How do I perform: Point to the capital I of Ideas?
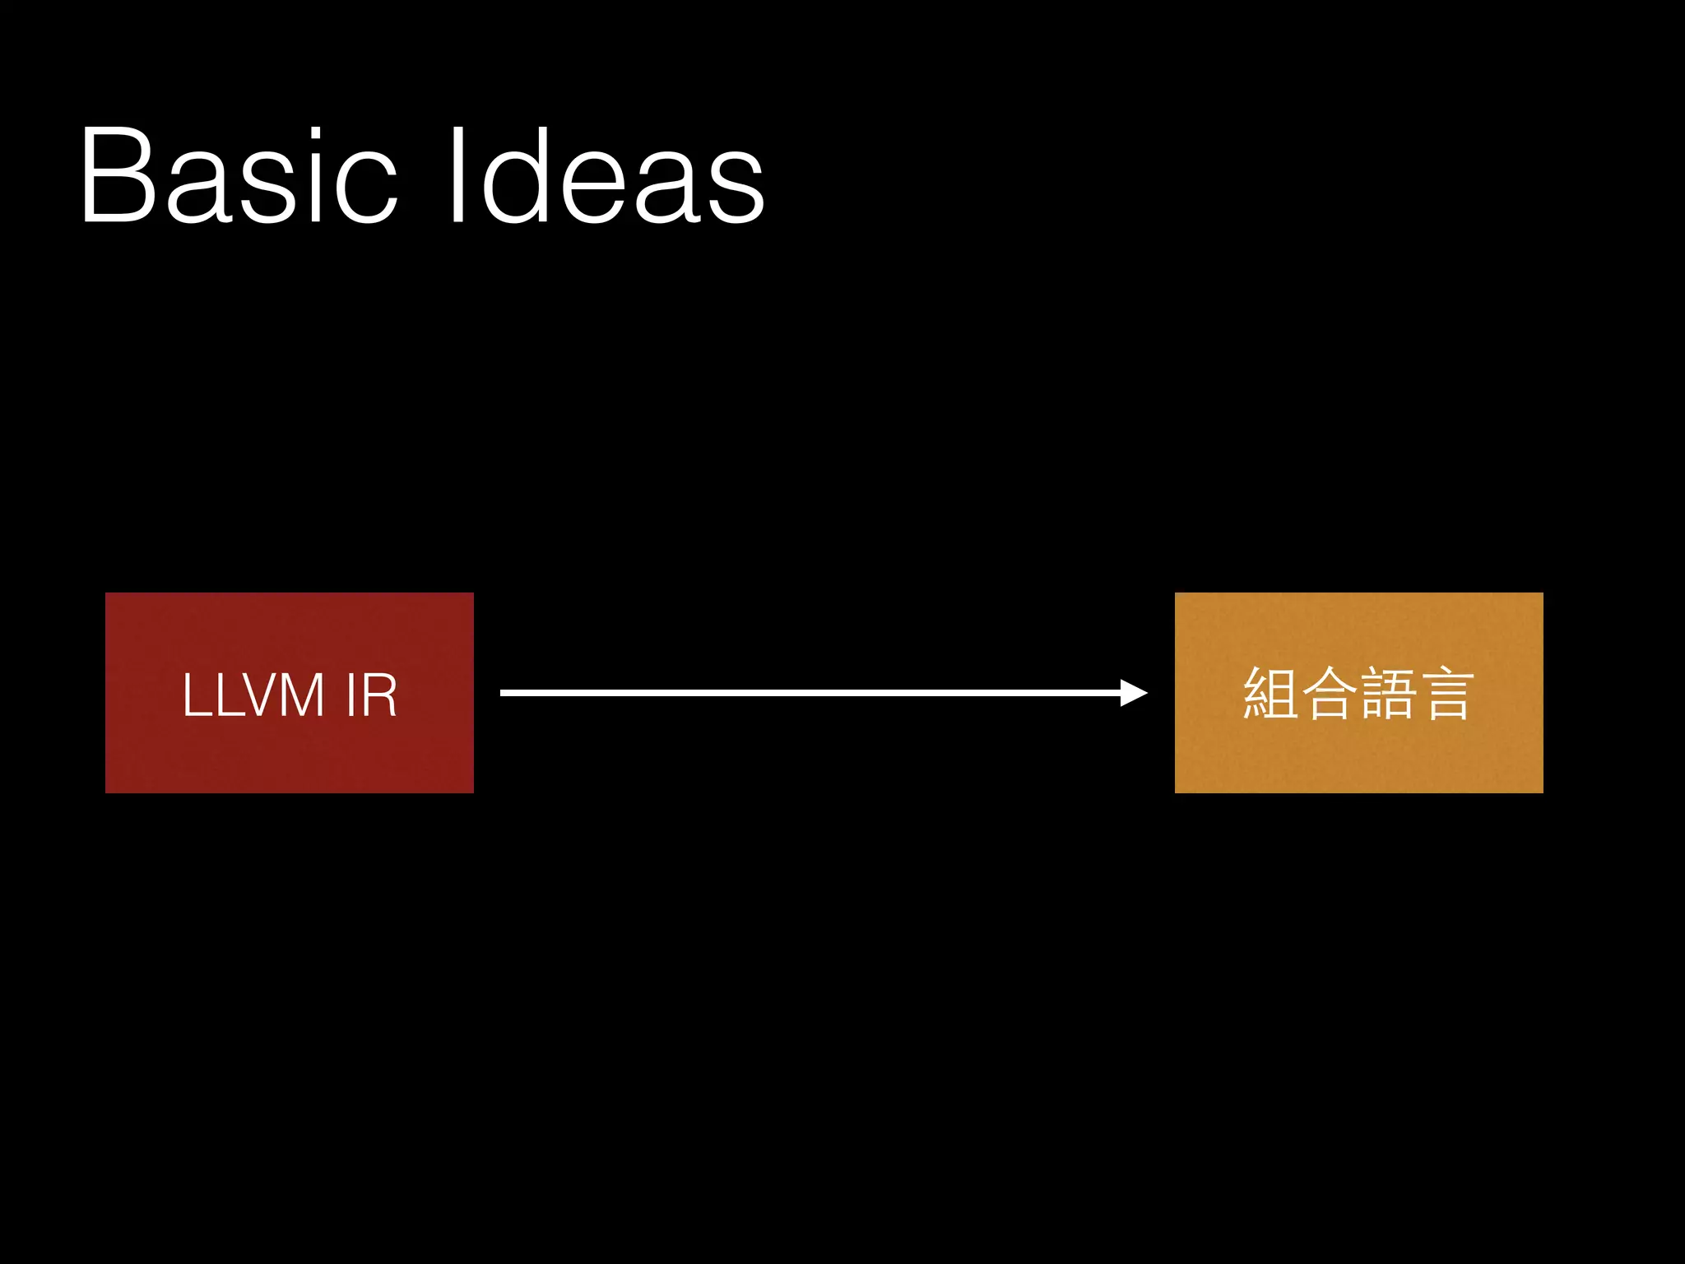point(457,174)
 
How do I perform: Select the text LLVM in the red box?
point(253,695)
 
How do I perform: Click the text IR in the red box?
point(372,695)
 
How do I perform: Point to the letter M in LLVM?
point(299,695)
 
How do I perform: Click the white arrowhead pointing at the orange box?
point(1134,693)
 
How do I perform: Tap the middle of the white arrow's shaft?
point(810,693)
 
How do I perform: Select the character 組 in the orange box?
point(1270,693)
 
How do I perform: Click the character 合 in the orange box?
point(1328,693)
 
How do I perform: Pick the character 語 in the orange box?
point(1387,693)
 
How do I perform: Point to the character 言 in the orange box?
point(1446,693)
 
